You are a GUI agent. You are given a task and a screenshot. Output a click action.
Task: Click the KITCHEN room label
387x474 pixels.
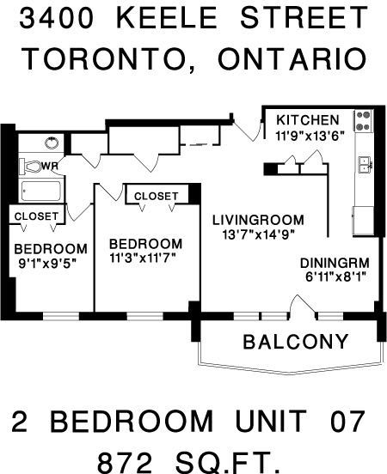point(308,120)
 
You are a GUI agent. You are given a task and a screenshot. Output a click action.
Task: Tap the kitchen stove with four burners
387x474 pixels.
point(364,120)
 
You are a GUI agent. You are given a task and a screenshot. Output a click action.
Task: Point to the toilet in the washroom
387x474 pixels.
point(31,167)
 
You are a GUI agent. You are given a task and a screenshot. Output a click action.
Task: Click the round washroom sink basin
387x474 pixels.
point(52,143)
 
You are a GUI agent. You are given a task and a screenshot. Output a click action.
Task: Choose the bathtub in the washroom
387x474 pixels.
point(41,191)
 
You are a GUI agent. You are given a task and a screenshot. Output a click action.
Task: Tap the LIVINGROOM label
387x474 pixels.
point(258,220)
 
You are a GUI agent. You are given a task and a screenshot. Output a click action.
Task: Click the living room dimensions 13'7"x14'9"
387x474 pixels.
point(259,234)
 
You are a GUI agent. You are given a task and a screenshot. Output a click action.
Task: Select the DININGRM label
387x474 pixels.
point(335,263)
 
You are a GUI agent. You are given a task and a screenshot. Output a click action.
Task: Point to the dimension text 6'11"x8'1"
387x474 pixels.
point(336,276)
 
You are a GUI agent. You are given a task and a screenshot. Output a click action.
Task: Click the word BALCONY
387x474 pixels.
point(296,342)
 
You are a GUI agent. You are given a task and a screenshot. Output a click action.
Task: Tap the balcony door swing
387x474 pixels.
point(302,306)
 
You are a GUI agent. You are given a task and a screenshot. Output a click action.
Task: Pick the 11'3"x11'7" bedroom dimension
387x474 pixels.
point(143,258)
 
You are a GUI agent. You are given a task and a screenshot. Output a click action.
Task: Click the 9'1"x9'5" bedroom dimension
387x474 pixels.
point(47,264)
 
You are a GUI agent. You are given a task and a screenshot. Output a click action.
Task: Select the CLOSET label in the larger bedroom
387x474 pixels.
point(157,196)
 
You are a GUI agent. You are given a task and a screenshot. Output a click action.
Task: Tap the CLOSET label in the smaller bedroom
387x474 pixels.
point(36,216)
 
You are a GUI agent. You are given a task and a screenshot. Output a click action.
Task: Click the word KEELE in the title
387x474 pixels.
point(167,18)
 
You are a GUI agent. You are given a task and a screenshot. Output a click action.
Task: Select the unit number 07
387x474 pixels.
point(347,421)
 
